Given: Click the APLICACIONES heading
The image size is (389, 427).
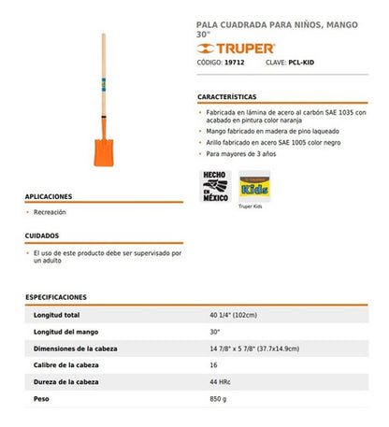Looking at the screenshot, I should point(49,197).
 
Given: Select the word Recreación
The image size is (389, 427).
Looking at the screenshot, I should point(50,213).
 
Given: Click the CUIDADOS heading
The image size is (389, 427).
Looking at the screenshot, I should point(43,236).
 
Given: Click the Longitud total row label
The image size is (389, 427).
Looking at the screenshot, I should point(57,315).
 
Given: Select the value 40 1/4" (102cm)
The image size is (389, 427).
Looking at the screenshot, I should point(234,315).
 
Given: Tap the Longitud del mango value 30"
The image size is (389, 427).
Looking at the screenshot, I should point(215,332).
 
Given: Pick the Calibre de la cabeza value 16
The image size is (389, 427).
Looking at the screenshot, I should point(213,365).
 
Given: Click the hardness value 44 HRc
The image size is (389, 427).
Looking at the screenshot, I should point(221,382).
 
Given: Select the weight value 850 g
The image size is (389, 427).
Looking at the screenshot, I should point(219,399).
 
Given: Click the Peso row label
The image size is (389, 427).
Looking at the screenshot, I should point(41,399).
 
